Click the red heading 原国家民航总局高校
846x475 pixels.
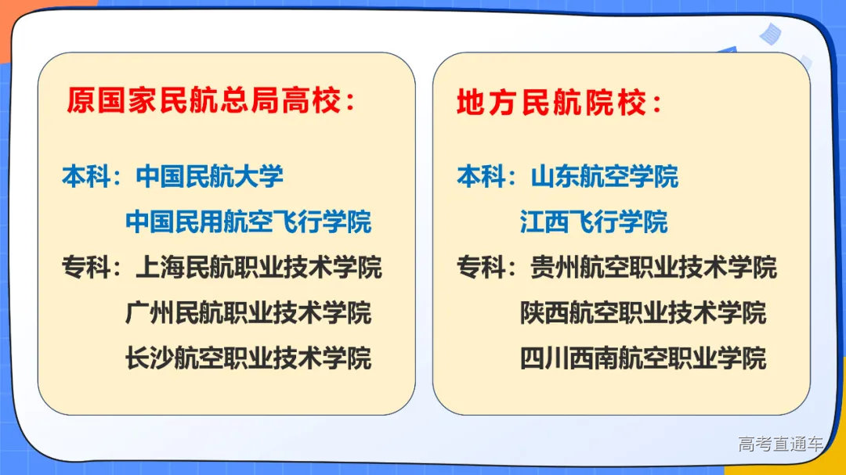210,101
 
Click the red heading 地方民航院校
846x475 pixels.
559,103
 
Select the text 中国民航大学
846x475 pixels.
210,177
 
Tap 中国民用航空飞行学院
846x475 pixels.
248,222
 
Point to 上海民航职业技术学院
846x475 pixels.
258,268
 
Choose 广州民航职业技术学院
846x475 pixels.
248,313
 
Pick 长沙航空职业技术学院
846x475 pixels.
248,358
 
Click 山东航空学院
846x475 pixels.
605,177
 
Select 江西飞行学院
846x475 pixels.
594,222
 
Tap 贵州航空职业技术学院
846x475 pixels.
653,268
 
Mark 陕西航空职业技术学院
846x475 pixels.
643,313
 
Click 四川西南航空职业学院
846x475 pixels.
643,358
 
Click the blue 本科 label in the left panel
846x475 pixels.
86,177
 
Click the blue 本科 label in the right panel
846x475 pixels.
481,177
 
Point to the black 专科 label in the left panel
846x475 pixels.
86,268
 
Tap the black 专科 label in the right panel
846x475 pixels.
481,268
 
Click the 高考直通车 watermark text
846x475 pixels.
780,444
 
